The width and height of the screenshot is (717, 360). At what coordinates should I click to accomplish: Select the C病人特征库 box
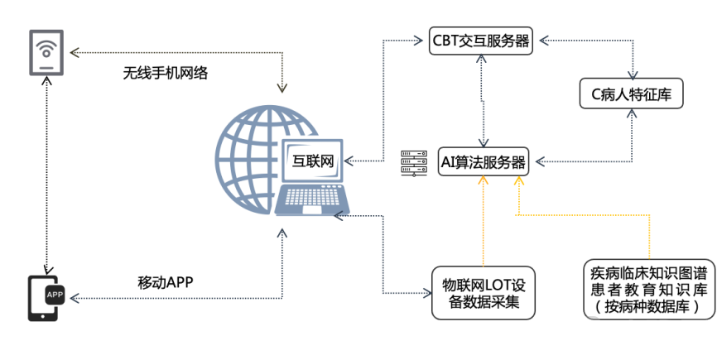coord(631,94)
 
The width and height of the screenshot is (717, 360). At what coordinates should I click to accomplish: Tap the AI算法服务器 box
coord(484,162)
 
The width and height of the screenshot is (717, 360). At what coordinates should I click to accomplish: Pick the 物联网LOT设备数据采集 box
coord(484,293)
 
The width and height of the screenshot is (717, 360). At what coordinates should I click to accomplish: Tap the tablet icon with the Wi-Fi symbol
coord(46,52)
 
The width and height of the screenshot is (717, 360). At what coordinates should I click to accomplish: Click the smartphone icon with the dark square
coord(47,298)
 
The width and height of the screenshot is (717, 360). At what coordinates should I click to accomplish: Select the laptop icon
coord(311,178)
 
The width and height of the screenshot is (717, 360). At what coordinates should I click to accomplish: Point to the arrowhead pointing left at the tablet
coord(73,52)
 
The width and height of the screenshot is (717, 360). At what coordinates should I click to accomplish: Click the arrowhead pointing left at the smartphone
coord(73,296)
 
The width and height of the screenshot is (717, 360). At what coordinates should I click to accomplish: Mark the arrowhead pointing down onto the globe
coord(283,89)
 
